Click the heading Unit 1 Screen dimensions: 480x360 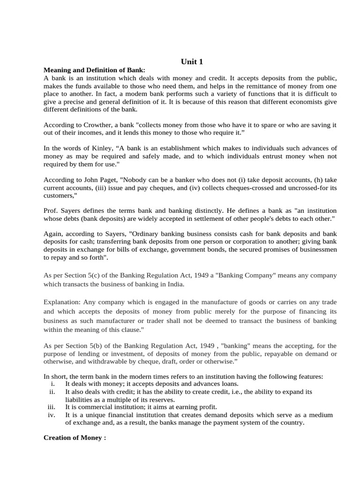point(192,61)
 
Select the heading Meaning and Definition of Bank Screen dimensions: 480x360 point(94,70)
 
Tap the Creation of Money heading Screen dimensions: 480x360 point(75,437)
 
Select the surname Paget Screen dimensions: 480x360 point(109,180)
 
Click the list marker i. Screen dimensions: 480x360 point(52,384)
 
